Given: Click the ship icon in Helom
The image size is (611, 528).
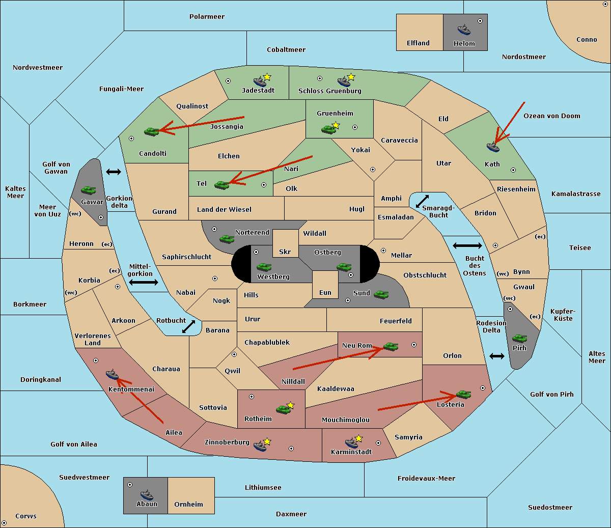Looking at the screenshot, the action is [x=464, y=30].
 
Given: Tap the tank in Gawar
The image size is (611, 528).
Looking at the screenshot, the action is [x=89, y=190].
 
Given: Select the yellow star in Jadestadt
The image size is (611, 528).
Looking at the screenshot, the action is [x=267, y=77].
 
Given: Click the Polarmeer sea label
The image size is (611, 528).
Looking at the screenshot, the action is [x=207, y=17].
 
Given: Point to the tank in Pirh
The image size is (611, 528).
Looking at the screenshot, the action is [x=519, y=338].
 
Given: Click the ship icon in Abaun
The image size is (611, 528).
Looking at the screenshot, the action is [x=147, y=494].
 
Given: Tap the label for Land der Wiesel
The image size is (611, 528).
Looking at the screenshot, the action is [x=224, y=210].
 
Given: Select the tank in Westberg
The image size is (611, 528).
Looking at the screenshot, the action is [x=264, y=267].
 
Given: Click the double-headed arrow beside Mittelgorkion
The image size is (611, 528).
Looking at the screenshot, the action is [x=144, y=282].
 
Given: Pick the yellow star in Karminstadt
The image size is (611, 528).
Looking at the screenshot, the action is [x=358, y=438].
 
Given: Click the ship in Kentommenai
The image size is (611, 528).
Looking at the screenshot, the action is [x=112, y=374].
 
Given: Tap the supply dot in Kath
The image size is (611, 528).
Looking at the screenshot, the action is [x=513, y=170].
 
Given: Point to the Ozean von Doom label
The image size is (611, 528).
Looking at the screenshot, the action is [x=552, y=116].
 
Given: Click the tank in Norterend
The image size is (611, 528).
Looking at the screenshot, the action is [x=227, y=239].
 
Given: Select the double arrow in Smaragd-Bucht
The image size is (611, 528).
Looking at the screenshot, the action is [x=422, y=201].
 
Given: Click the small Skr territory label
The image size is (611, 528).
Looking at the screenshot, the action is [x=285, y=252].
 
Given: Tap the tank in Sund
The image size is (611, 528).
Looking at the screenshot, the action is [x=381, y=294].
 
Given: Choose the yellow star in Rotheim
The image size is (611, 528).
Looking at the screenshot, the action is [x=291, y=405].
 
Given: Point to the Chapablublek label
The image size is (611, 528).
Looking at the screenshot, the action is [x=267, y=342].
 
